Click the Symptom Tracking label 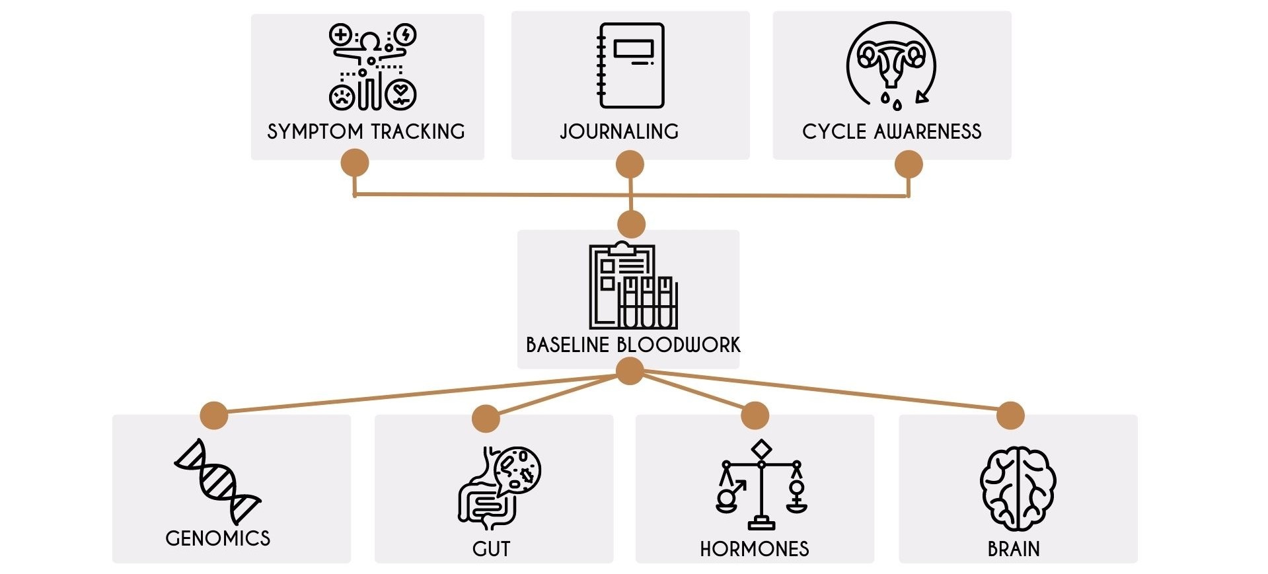tap(366, 131)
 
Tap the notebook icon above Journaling tap(630, 65)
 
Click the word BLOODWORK tap(679, 345)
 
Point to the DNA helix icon tap(217, 482)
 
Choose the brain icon tap(1018, 489)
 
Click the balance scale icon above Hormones tap(761, 485)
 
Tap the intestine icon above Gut tap(499, 488)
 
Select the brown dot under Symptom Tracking tap(355, 162)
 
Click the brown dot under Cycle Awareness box tap(909, 164)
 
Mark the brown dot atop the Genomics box tap(213, 415)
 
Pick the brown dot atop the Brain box tap(1010, 415)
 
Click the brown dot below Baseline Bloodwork tap(630, 371)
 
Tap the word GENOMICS tap(218, 538)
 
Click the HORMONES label tap(755, 549)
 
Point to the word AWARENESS tap(928, 131)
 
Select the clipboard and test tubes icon tap(633, 285)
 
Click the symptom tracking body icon tap(373, 67)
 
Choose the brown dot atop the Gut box tap(486, 419)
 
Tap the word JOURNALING tap(619, 131)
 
